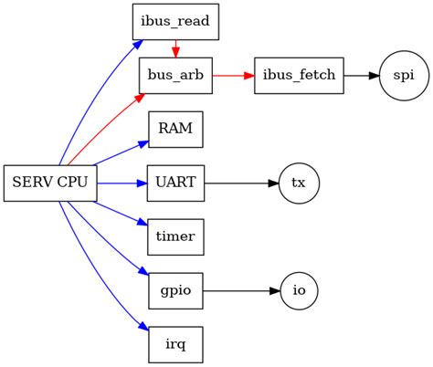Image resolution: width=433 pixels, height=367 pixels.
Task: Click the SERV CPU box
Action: point(49,183)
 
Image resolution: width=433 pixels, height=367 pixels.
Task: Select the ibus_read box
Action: point(175,21)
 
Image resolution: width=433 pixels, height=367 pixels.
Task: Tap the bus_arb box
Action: point(175,75)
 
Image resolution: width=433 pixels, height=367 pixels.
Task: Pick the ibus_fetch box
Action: point(300,75)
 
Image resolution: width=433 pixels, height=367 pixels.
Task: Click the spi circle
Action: point(402,75)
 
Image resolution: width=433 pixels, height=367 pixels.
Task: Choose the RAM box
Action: point(175,129)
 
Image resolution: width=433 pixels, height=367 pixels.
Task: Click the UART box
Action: point(175,183)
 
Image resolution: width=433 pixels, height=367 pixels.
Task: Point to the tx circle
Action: point(299,183)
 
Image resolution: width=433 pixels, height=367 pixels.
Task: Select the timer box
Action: point(175,236)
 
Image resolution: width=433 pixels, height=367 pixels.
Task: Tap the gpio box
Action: point(175,290)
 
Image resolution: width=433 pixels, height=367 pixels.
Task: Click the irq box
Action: point(175,344)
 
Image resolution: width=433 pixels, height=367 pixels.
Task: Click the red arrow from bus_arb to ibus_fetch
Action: point(234,75)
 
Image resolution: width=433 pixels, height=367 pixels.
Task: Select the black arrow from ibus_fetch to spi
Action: point(360,75)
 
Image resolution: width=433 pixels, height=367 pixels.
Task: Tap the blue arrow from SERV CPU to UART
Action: point(121,183)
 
